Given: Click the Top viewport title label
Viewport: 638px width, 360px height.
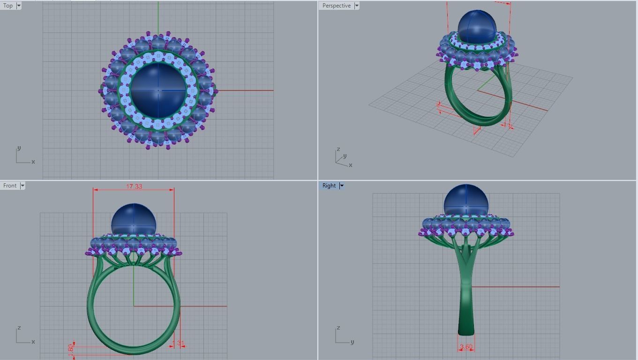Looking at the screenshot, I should click(x=8, y=6).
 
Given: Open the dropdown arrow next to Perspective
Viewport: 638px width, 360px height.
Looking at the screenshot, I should click(x=357, y=6).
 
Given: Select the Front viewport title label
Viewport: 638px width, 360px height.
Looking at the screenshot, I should click(x=10, y=186).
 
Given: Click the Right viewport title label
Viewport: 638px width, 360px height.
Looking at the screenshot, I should click(x=329, y=186).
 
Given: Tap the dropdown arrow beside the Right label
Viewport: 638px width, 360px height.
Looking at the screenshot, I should click(x=342, y=186).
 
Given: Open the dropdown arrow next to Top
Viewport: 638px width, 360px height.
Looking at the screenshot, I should click(x=19, y=6).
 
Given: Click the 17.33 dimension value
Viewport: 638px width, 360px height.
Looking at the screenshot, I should click(x=134, y=187).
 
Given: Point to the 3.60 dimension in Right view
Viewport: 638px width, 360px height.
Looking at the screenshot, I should click(x=466, y=347).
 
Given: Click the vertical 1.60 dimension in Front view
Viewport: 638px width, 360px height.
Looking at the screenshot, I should click(x=71, y=349).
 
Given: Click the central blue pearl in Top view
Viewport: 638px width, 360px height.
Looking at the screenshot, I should click(x=158, y=90).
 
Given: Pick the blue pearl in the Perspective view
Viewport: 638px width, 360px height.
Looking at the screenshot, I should click(x=476, y=27).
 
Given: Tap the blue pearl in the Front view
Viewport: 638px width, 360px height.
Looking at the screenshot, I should click(x=134, y=219).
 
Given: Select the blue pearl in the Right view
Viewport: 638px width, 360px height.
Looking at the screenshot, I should click(x=466, y=201).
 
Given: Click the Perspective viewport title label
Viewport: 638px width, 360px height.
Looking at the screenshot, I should click(x=336, y=6).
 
